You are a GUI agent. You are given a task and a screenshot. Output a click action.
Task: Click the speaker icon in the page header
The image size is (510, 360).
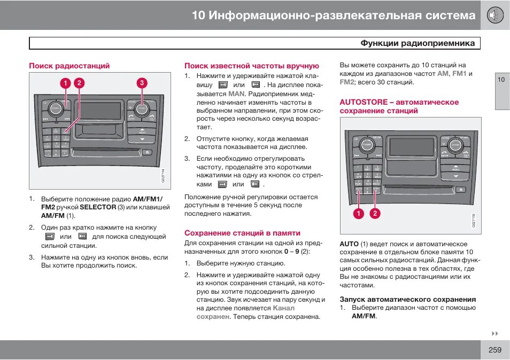pyautogui.click(x=495, y=15)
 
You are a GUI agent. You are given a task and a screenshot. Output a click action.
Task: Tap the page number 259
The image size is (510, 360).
pyautogui.click(x=494, y=350)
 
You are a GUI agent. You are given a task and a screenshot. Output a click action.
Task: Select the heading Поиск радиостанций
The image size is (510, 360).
pyautogui.click(x=69, y=66)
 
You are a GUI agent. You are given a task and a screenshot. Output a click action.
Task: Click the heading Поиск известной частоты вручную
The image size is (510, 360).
pyautogui.click(x=251, y=66)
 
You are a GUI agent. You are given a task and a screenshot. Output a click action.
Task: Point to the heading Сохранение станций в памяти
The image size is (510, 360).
pyautogui.click(x=242, y=233)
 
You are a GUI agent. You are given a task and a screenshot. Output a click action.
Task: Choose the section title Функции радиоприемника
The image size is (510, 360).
pyautogui.click(x=417, y=43)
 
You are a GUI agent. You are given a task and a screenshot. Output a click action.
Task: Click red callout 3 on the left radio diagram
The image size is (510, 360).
pyautogui.click(x=142, y=83)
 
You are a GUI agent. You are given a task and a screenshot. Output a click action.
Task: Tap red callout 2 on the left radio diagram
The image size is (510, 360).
pyautogui.click(x=79, y=83)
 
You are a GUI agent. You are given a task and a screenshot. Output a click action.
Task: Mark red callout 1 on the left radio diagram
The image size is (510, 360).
pyautogui.click(x=65, y=83)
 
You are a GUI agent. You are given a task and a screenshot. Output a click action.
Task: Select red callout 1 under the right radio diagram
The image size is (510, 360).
pyautogui.click(x=358, y=214)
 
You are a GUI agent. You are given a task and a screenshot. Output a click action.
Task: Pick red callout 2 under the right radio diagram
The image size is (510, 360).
pyautogui.click(x=375, y=214)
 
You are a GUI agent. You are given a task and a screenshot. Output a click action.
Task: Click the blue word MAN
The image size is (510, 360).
pyautogui.click(x=236, y=93)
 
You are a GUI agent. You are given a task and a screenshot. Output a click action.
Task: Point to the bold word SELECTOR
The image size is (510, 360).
pyautogui.click(x=98, y=207)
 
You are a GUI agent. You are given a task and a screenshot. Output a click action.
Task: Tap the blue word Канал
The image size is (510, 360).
pyautogui.click(x=283, y=308)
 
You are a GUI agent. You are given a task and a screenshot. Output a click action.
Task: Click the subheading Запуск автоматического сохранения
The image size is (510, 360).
pyautogui.click(x=407, y=299)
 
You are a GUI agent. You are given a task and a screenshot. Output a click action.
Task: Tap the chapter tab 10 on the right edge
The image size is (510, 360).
pyautogui.click(x=501, y=80)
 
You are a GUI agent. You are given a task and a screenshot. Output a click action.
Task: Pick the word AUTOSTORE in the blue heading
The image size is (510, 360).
pyautogui.click(x=362, y=102)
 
